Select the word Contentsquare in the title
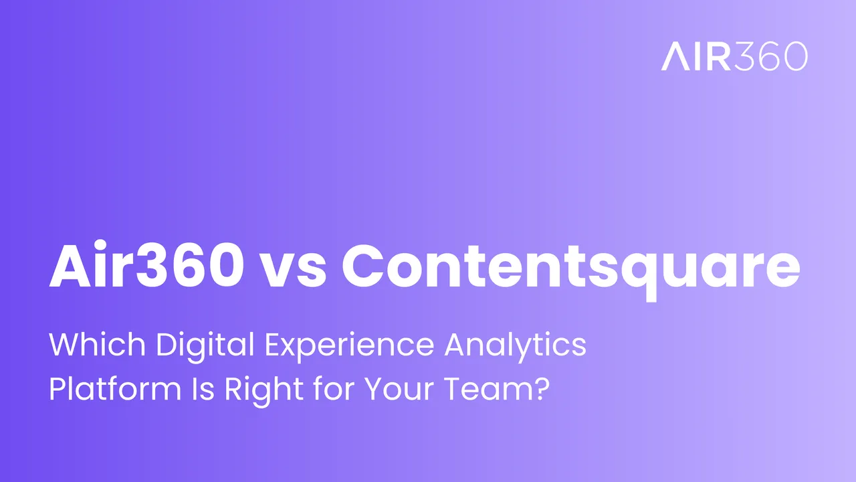(x=571, y=266)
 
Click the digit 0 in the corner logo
(x=794, y=57)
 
